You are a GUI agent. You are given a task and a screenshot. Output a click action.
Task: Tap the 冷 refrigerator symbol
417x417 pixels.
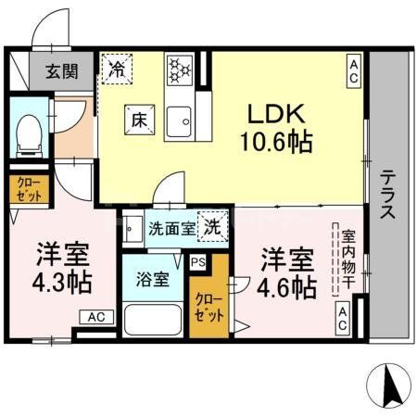coord(117,68)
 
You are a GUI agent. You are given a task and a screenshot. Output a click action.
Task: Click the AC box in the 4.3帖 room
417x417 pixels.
coord(96,317)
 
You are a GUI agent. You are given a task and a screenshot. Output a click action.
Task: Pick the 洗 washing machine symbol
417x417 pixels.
coord(212,224)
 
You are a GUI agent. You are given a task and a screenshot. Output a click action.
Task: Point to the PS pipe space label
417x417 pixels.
coord(197,262)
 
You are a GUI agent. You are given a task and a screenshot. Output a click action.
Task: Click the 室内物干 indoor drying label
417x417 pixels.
coord(347,257)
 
